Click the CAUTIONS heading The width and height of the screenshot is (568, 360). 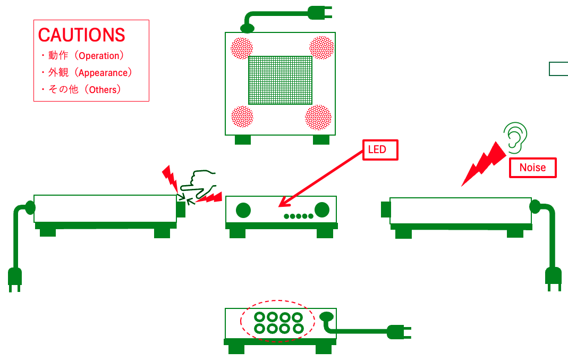pos(82,35)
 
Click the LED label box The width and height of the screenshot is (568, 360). pos(380,150)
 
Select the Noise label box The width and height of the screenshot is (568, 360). pos(532,168)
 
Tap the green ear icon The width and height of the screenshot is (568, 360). pos(515,136)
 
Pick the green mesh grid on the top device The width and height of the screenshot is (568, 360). pos(280,80)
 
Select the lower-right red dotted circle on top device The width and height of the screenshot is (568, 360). pos(318,117)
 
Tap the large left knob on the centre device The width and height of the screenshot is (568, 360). pos(243,210)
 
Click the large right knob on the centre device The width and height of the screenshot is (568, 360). pos(321,210)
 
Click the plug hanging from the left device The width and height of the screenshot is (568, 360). pos(15,279)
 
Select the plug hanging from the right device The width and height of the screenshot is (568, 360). pos(553,278)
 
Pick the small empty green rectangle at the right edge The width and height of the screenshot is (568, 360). pos(558,69)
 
